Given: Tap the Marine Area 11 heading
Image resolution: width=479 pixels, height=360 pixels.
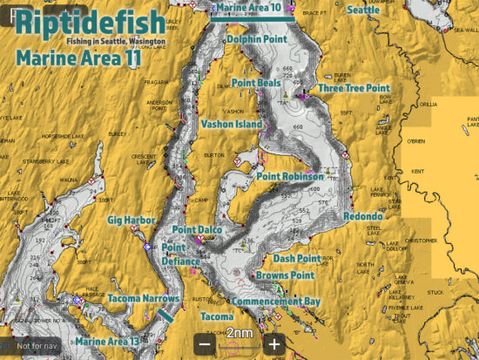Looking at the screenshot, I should [78, 59].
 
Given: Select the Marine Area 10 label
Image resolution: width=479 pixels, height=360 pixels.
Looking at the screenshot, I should [252, 7].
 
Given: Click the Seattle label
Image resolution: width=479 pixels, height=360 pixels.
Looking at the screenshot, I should [363, 10].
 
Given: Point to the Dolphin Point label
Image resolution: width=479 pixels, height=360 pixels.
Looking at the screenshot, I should [256, 39].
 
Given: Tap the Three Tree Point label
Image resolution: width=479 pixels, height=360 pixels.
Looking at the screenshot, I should [353, 88].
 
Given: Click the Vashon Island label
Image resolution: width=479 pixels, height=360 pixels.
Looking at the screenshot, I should [231, 125].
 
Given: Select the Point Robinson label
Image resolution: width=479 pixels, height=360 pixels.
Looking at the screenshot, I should [290, 176].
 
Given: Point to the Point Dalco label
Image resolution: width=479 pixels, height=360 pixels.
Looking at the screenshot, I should [197, 230].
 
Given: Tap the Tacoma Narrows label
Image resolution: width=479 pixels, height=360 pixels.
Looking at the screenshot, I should [143, 299].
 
